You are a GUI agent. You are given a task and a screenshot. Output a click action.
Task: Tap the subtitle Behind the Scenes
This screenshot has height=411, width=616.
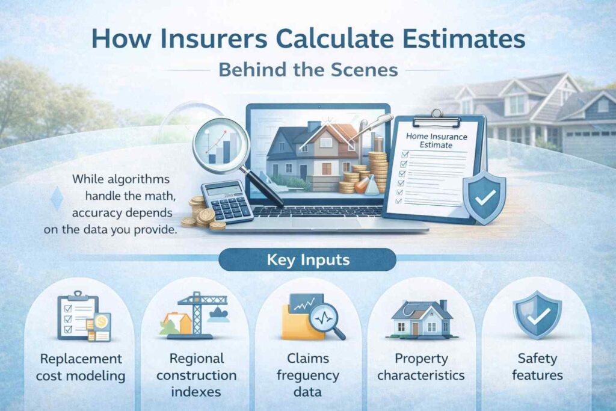pos(309,70)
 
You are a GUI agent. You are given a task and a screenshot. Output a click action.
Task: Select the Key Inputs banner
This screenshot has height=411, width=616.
pos(307,260)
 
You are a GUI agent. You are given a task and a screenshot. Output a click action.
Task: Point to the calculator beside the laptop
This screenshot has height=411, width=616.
pos(227,202)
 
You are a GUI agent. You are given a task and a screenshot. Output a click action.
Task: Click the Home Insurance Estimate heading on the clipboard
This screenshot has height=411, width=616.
pos(436,141)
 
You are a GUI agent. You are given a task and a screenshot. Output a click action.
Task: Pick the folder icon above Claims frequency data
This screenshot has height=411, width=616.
pos(311,317)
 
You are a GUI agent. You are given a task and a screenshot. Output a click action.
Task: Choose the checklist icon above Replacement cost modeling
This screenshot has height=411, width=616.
pos(83,317)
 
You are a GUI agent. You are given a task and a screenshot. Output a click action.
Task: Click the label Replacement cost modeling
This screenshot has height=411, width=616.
pos(81,367)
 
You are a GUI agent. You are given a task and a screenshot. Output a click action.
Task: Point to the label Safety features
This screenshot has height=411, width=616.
pos(537,366)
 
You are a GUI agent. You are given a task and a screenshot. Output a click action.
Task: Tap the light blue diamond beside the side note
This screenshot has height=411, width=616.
pos(57,199)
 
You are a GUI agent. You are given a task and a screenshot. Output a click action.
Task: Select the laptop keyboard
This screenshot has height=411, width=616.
pos(318,212)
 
